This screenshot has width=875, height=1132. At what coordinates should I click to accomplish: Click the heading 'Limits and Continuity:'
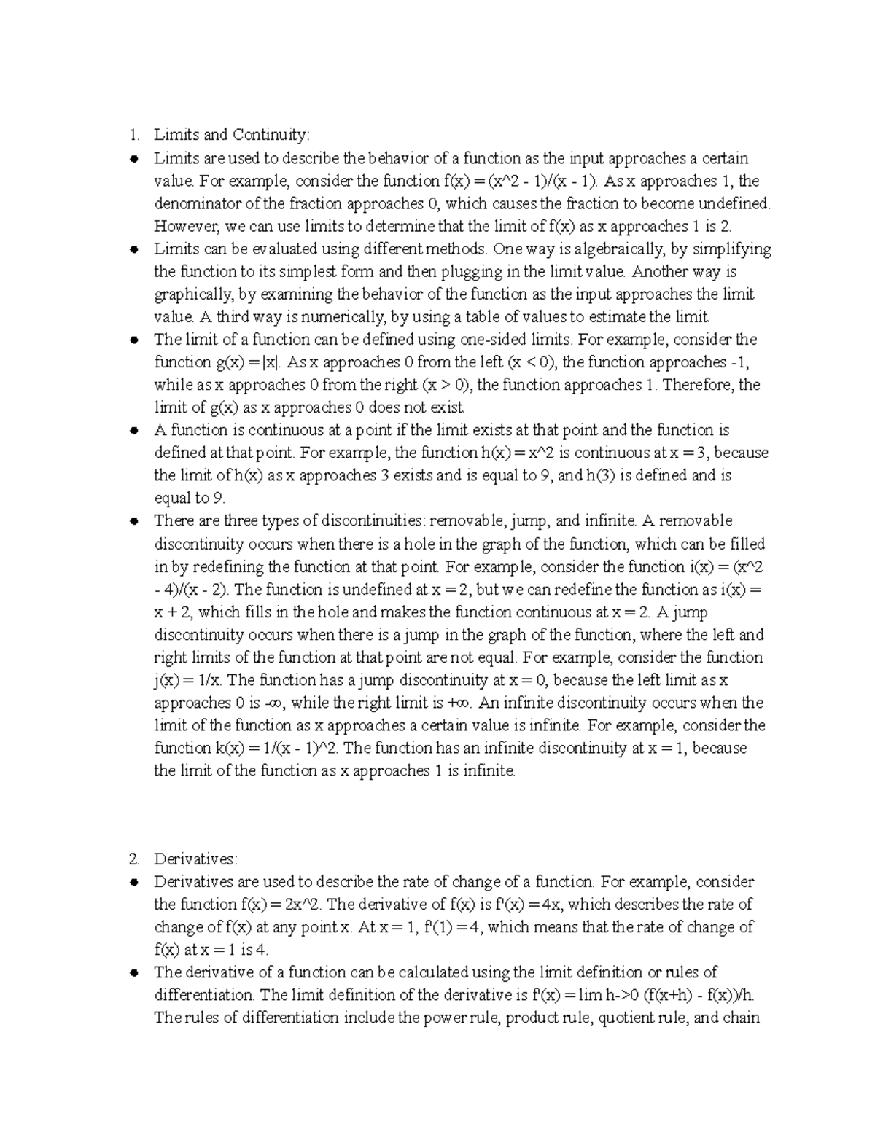231,135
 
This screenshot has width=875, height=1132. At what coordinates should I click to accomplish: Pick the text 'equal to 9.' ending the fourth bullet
190,499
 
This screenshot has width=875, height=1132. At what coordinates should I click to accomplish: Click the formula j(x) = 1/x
190,680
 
